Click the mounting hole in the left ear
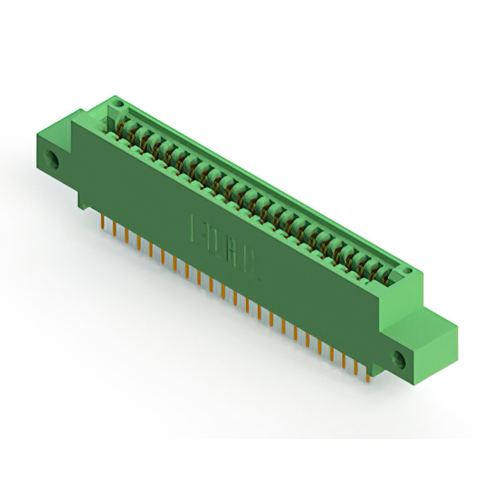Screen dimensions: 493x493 55,160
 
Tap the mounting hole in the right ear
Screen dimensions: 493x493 400,358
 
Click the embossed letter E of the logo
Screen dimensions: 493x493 196,229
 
